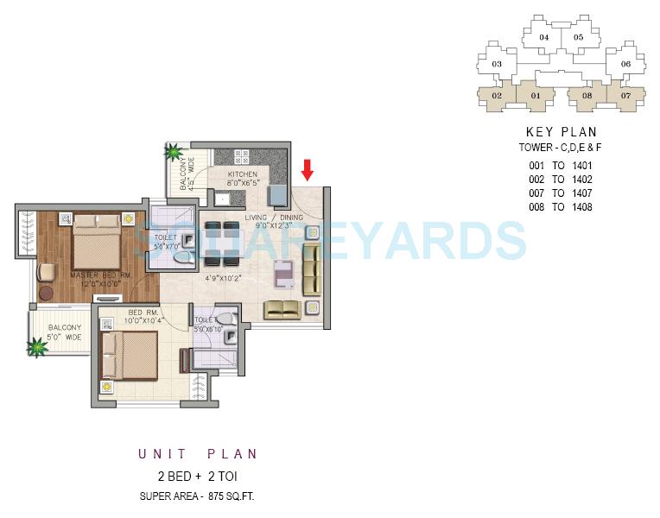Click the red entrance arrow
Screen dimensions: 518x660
point(307,169)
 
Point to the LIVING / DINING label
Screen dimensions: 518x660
point(274,218)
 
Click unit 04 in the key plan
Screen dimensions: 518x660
point(544,37)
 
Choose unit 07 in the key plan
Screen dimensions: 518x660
point(625,95)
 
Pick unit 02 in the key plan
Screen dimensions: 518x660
point(497,95)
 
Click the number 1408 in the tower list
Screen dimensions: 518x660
point(585,207)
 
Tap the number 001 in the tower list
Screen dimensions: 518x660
point(538,166)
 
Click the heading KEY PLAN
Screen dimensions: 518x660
point(562,132)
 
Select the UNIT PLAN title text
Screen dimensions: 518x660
point(198,454)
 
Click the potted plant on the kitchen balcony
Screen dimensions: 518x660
point(174,154)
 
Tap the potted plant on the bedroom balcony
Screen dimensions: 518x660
point(37,348)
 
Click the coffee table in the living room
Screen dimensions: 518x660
point(284,274)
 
